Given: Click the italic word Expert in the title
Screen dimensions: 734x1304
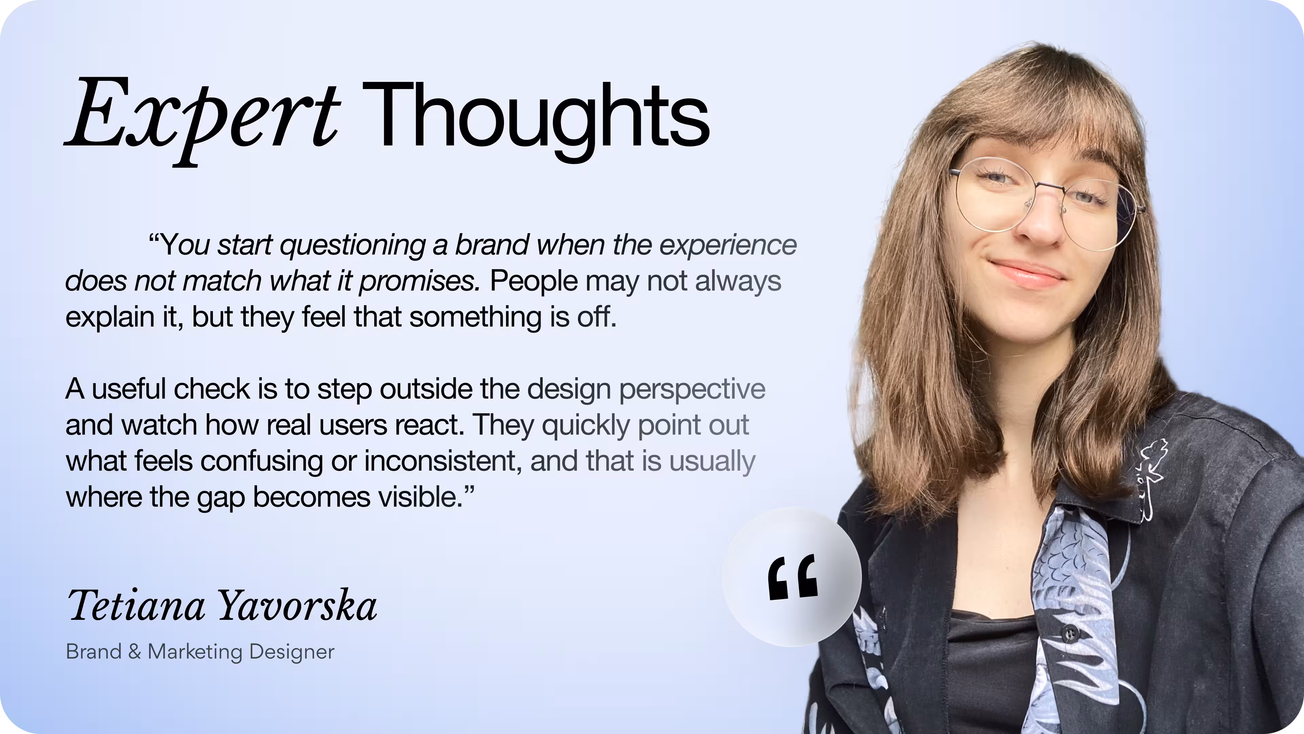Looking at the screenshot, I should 202,119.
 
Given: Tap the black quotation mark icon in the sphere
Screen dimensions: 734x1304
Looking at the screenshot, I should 792,577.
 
